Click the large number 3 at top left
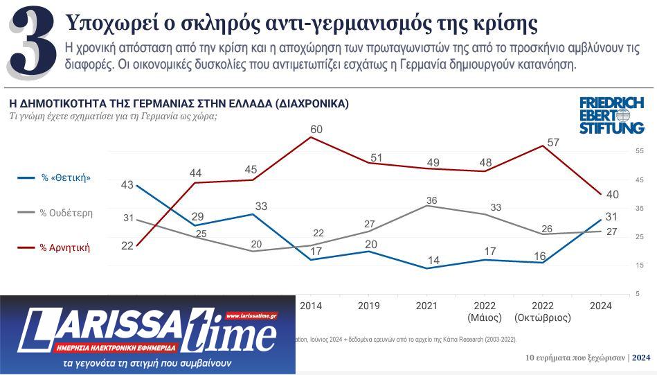33,43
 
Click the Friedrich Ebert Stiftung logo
611,115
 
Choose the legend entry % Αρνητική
64,247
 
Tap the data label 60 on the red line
316,130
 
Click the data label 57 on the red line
553,143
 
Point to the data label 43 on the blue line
127,185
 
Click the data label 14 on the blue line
434,260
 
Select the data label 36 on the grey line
431,201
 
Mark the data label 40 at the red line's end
612,195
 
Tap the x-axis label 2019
368,306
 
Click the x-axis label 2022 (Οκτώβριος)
543,312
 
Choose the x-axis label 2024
599,306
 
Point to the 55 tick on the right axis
639,151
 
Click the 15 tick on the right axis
639,265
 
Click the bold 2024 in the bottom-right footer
641,358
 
